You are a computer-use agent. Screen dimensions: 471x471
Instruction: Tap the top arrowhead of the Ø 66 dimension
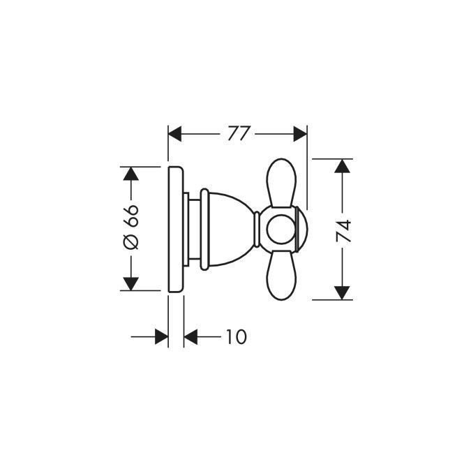coord(130,174)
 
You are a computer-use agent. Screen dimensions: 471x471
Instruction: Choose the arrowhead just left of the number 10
coord(192,337)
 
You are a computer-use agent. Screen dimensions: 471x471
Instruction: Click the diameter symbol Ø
coord(130,241)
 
